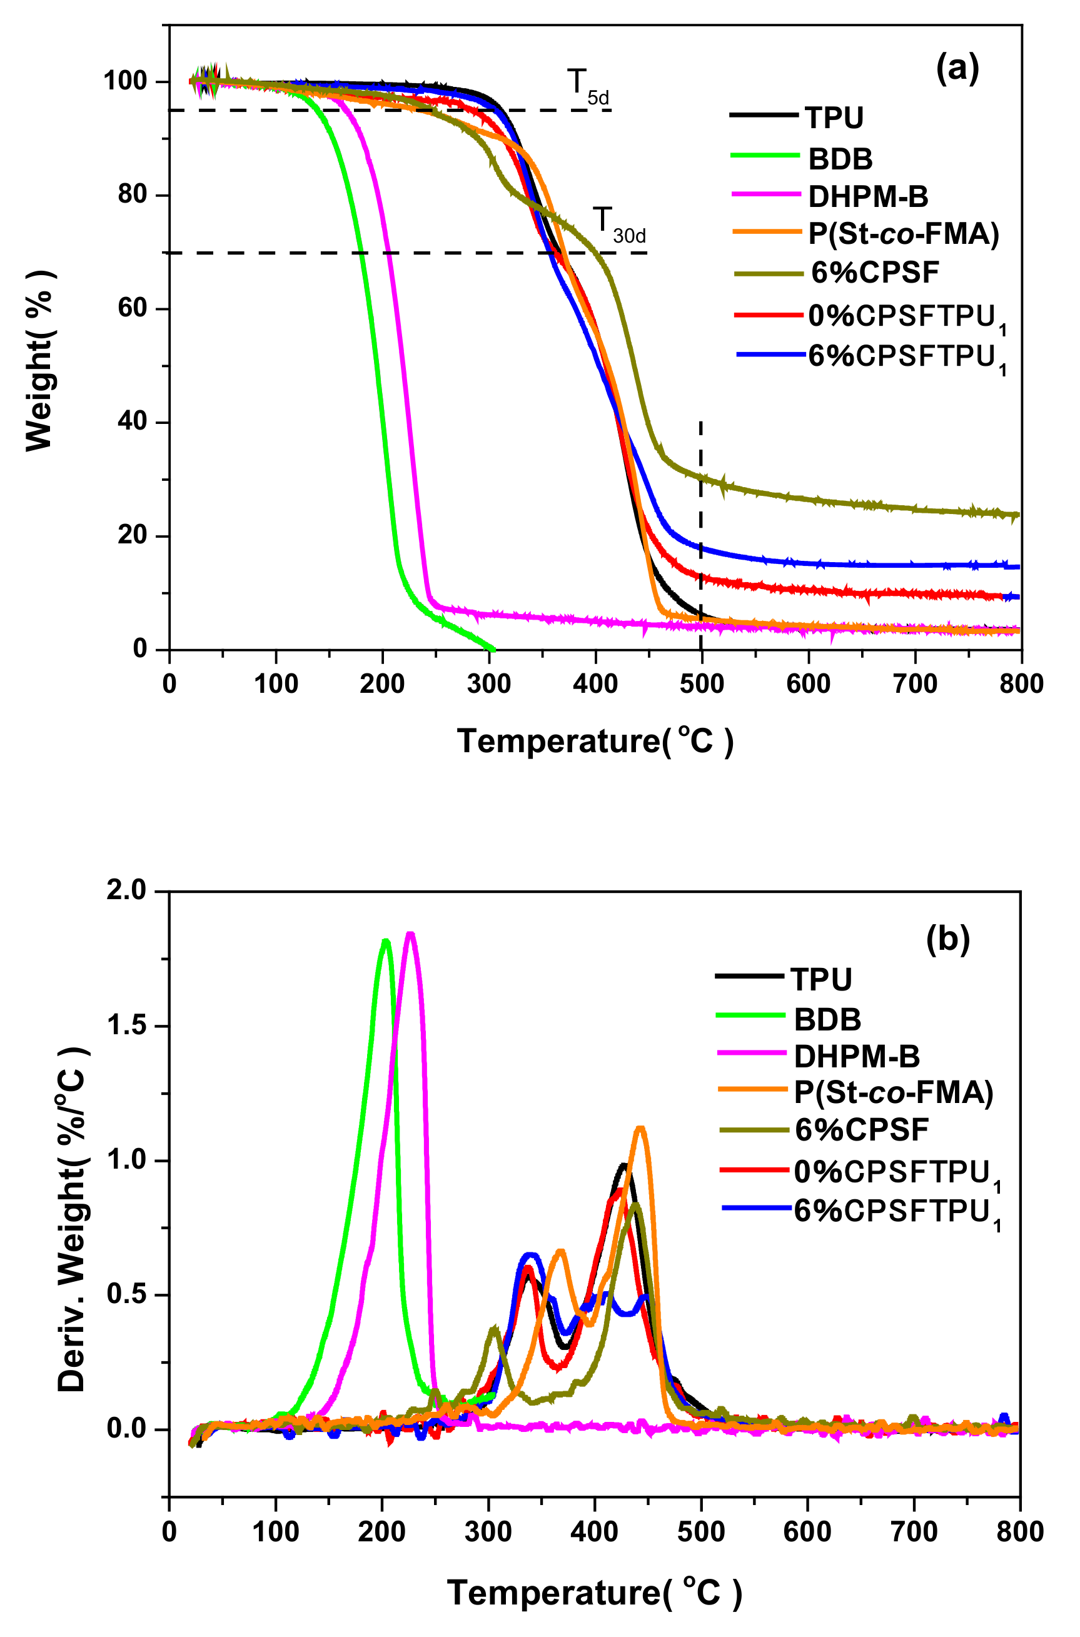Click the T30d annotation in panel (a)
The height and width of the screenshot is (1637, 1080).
[618, 225]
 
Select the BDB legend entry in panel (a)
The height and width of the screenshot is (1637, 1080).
[840, 159]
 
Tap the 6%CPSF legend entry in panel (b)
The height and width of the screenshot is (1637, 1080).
[861, 1129]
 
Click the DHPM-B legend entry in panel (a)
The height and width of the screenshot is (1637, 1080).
[867, 197]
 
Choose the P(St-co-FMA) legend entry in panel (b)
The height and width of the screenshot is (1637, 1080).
[892, 1092]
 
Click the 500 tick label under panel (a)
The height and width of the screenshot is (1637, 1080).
[701, 684]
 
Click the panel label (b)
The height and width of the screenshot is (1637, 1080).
[948, 939]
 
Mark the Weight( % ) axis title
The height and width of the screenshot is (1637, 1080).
[39, 361]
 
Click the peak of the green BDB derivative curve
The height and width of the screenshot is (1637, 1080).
[386, 940]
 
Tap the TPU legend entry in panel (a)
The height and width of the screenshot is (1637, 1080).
[834, 118]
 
